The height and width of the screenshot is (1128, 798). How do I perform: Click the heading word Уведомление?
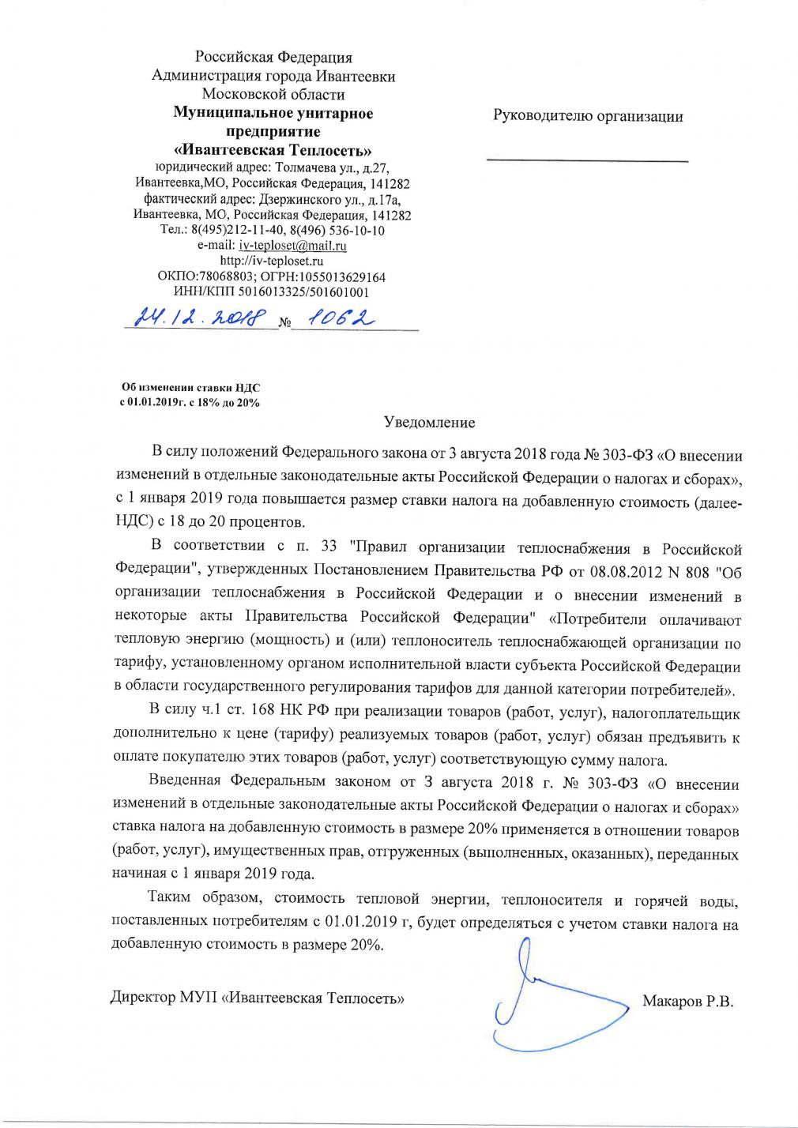click(x=430, y=424)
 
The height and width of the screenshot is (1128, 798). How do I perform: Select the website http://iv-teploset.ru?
click(x=273, y=261)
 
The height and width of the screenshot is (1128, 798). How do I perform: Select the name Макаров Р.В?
click(x=688, y=1002)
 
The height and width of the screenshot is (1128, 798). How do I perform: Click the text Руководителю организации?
click(x=587, y=116)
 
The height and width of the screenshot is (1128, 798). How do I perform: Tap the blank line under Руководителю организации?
click(x=587, y=161)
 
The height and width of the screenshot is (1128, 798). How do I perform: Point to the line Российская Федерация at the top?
click(x=273, y=58)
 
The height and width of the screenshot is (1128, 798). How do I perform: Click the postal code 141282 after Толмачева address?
click(x=386, y=183)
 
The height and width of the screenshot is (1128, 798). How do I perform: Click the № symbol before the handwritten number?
click(x=286, y=322)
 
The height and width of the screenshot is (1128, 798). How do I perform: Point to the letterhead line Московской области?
click(x=273, y=95)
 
